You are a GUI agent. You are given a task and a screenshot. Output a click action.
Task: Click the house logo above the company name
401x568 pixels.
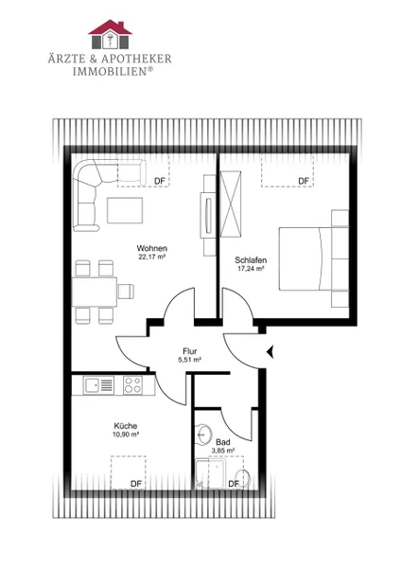110,34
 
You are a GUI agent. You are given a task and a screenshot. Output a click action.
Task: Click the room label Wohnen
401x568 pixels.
152,248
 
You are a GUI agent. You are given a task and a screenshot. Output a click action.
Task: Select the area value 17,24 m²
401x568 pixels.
251,269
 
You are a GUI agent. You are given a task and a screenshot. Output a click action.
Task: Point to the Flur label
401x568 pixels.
190,351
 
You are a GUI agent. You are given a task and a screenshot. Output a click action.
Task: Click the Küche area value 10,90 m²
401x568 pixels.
126,435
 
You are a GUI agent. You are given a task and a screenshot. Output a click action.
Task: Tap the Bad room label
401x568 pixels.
223,442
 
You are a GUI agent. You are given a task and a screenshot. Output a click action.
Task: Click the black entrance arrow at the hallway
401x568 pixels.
270,351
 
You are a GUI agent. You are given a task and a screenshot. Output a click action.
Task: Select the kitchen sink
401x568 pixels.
98,384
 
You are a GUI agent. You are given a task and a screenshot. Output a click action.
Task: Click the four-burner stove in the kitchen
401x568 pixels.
132,384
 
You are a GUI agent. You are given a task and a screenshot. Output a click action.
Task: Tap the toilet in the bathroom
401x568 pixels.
243,478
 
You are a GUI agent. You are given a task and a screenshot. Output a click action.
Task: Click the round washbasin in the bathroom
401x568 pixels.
203,434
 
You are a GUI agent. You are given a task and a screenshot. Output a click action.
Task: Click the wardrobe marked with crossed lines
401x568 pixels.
231,204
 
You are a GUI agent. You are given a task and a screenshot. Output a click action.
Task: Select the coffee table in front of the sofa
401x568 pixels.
125,210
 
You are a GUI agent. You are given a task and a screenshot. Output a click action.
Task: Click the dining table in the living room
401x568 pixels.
95,292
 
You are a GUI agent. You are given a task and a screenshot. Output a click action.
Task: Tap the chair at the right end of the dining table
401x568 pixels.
126,292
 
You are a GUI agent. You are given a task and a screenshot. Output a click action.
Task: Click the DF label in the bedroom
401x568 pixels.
304,181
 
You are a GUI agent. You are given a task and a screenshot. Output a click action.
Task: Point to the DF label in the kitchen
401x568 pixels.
136,484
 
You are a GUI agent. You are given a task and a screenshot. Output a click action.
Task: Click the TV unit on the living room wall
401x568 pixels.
208,215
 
